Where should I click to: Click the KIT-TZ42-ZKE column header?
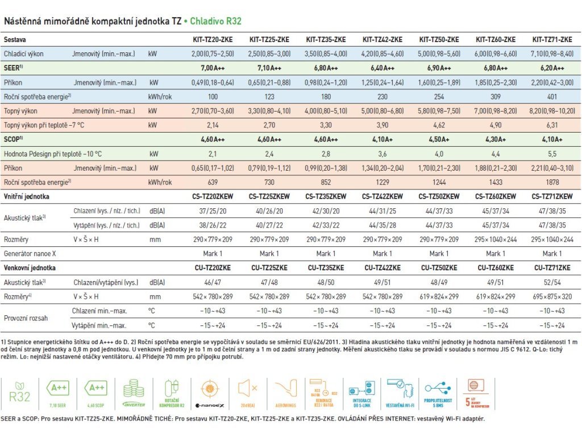(382, 40)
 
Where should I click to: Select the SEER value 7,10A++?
(269, 68)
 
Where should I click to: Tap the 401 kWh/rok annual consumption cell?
(552, 96)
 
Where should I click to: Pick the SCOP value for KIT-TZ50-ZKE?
(439, 139)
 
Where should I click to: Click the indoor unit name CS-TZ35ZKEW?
(326, 196)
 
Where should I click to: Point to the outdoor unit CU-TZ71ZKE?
(552, 268)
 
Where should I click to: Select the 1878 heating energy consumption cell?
(552, 182)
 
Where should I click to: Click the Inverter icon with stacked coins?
(134, 390)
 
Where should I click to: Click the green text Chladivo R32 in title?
(215, 22)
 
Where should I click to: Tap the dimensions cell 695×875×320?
(552, 296)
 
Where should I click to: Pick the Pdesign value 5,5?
(552, 154)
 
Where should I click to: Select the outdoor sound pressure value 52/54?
(552, 282)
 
